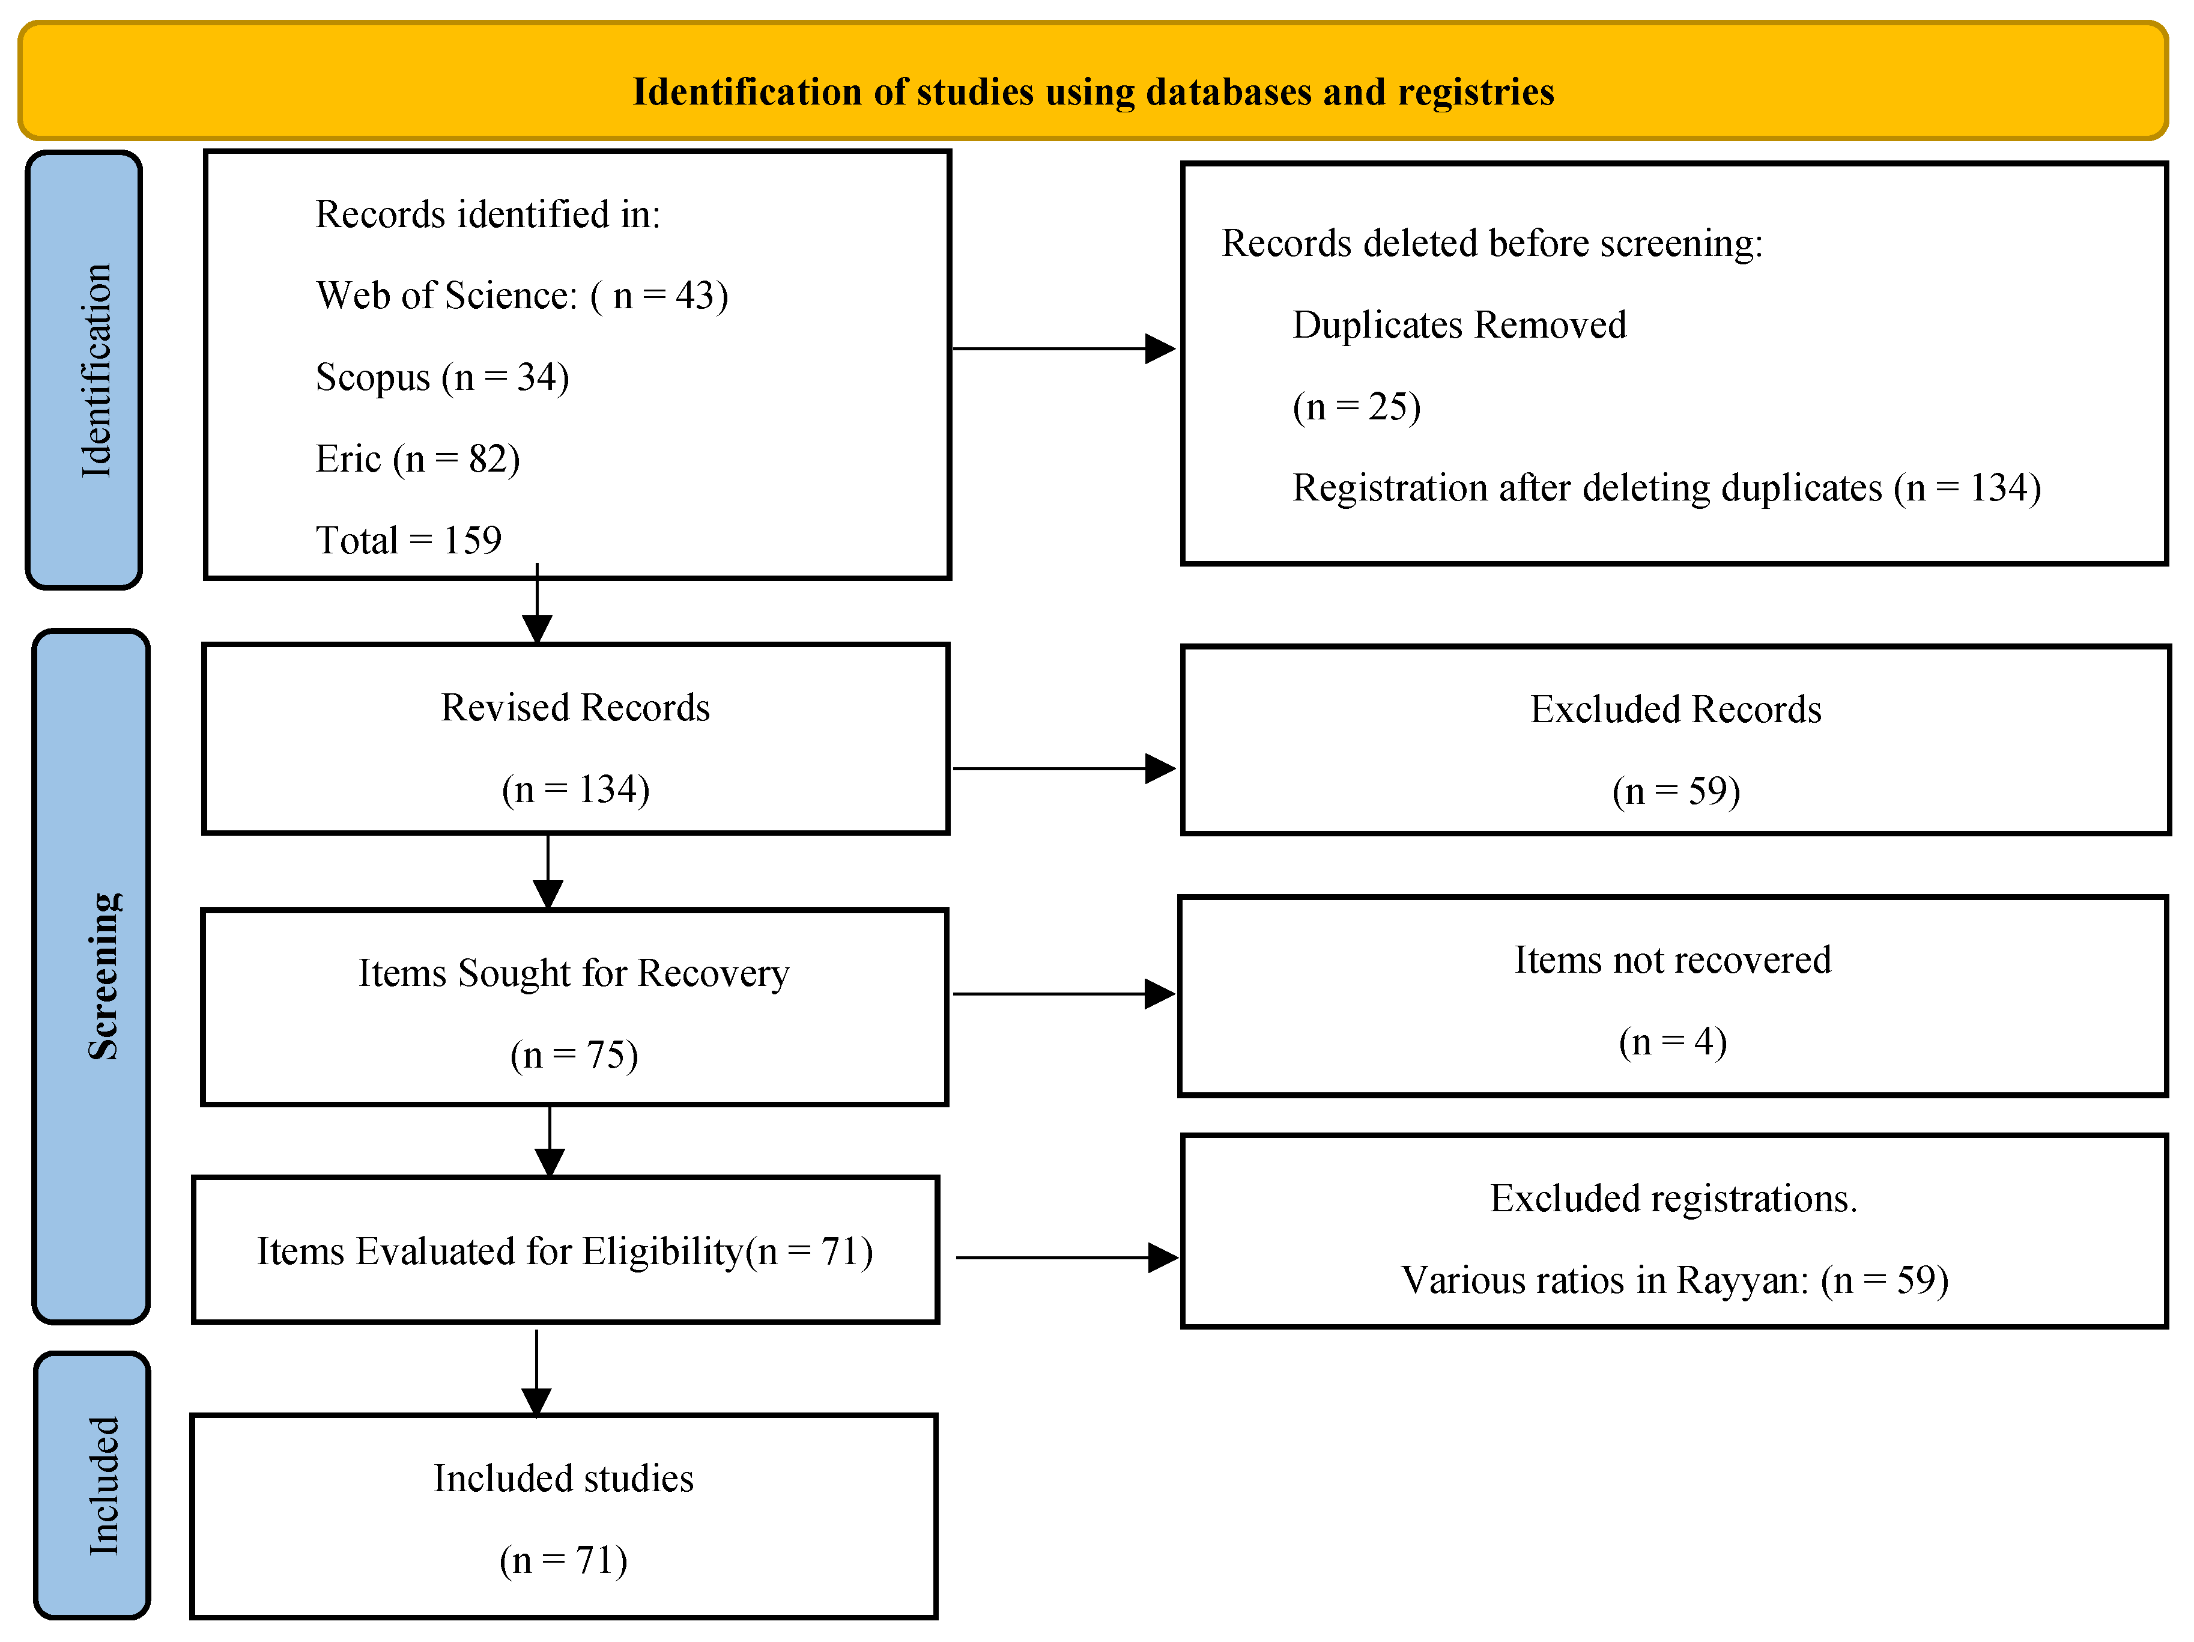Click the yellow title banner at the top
point(1093,81)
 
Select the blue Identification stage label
point(84,370)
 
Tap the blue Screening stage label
point(91,976)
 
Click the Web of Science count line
point(522,296)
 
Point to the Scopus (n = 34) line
point(443,378)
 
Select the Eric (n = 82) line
point(417,460)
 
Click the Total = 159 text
point(408,541)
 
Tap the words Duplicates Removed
point(1459,326)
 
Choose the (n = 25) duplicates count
point(1357,407)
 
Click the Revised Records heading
point(575,707)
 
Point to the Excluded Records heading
point(1676,710)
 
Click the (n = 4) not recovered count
point(1673,1042)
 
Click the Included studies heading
point(563,1479)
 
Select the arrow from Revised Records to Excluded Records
point(1064,768)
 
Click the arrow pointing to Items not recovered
point(1064,993)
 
